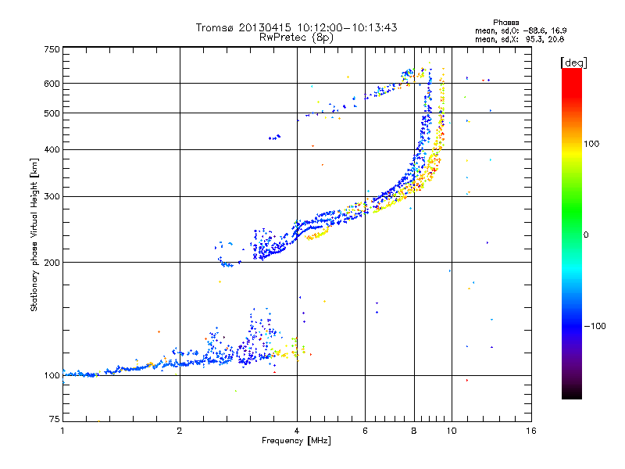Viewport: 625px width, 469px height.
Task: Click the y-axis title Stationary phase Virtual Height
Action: tap(34, 234)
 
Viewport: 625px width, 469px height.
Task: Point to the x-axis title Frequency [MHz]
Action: tap(296, 441)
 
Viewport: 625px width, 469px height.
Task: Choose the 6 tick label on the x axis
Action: tap(365, 431)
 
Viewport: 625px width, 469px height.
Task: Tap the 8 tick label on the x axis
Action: tap(414, 431)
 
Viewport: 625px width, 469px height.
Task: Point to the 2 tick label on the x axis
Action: tap(180, 431)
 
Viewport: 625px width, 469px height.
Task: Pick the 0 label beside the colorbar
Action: tap(587, 234)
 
